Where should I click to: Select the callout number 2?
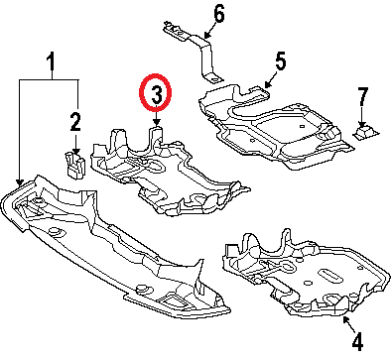tap(75, 124)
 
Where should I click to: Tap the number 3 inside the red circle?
tap(156, 95)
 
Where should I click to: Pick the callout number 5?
tap(280, 61)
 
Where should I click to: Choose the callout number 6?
tap(218, 14)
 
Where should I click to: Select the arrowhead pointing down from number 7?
tap(364, 120)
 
